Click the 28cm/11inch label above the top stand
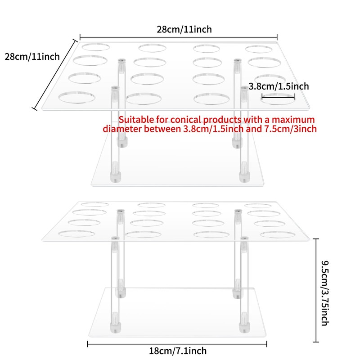click(184, 29)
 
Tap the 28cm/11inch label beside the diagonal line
click(32, 57)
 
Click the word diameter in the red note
click(121, 129)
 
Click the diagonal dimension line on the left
click(54, 75)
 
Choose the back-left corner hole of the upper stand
click(94, 46)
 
